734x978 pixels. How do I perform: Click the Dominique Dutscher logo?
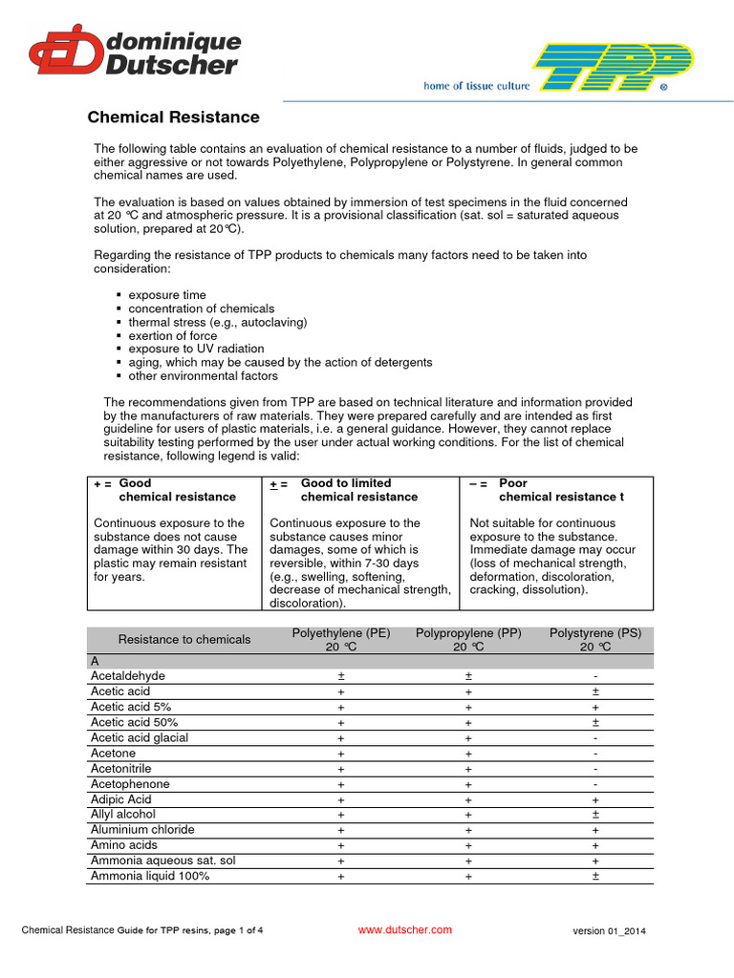(134, 52)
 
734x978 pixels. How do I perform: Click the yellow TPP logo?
(612, 68)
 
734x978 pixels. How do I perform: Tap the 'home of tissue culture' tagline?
(476, 86)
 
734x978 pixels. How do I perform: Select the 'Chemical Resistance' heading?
(173, 117)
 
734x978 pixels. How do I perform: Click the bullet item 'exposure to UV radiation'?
(197, 349)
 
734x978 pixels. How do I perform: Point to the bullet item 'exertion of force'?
(173, 335)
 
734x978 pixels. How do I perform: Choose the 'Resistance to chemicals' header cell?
(184, 640)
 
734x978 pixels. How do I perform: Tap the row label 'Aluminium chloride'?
(142, 830)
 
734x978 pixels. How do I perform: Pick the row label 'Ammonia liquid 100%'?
(150, 876)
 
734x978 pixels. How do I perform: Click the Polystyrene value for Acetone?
(595, 754)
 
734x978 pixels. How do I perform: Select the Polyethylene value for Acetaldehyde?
(341, 676)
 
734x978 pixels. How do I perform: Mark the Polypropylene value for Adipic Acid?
(468, 799)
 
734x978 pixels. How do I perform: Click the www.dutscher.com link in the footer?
(404, 929)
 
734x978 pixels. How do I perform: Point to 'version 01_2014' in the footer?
(615, 931)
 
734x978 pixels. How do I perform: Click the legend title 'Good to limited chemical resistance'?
(358, 490)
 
